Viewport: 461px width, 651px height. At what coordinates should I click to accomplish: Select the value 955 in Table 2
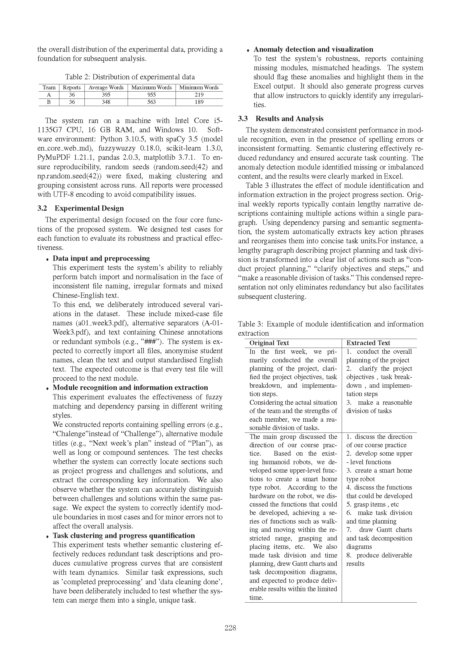[x=152, y=95]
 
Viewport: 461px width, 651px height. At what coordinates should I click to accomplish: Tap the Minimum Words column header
[x=199, y=87]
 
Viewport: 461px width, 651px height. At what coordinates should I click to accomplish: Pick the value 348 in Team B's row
[x=106, y=102]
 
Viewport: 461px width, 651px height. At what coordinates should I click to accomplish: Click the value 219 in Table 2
[x=199, y=95]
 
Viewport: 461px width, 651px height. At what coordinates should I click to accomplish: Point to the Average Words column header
[x=106, y=87]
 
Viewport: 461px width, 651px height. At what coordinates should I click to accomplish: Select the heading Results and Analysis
[x=289, y=119]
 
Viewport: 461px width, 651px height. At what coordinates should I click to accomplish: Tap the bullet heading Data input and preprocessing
[x=101, y=258]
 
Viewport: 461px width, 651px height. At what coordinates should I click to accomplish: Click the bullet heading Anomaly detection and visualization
[x=313, y=49]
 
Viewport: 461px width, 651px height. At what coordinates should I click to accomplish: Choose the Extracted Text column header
[x=368, y=343]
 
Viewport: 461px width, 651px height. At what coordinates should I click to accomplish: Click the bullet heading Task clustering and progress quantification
[x=124, y=535]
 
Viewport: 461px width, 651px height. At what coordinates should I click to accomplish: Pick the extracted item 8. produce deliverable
[x=379, y=555]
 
